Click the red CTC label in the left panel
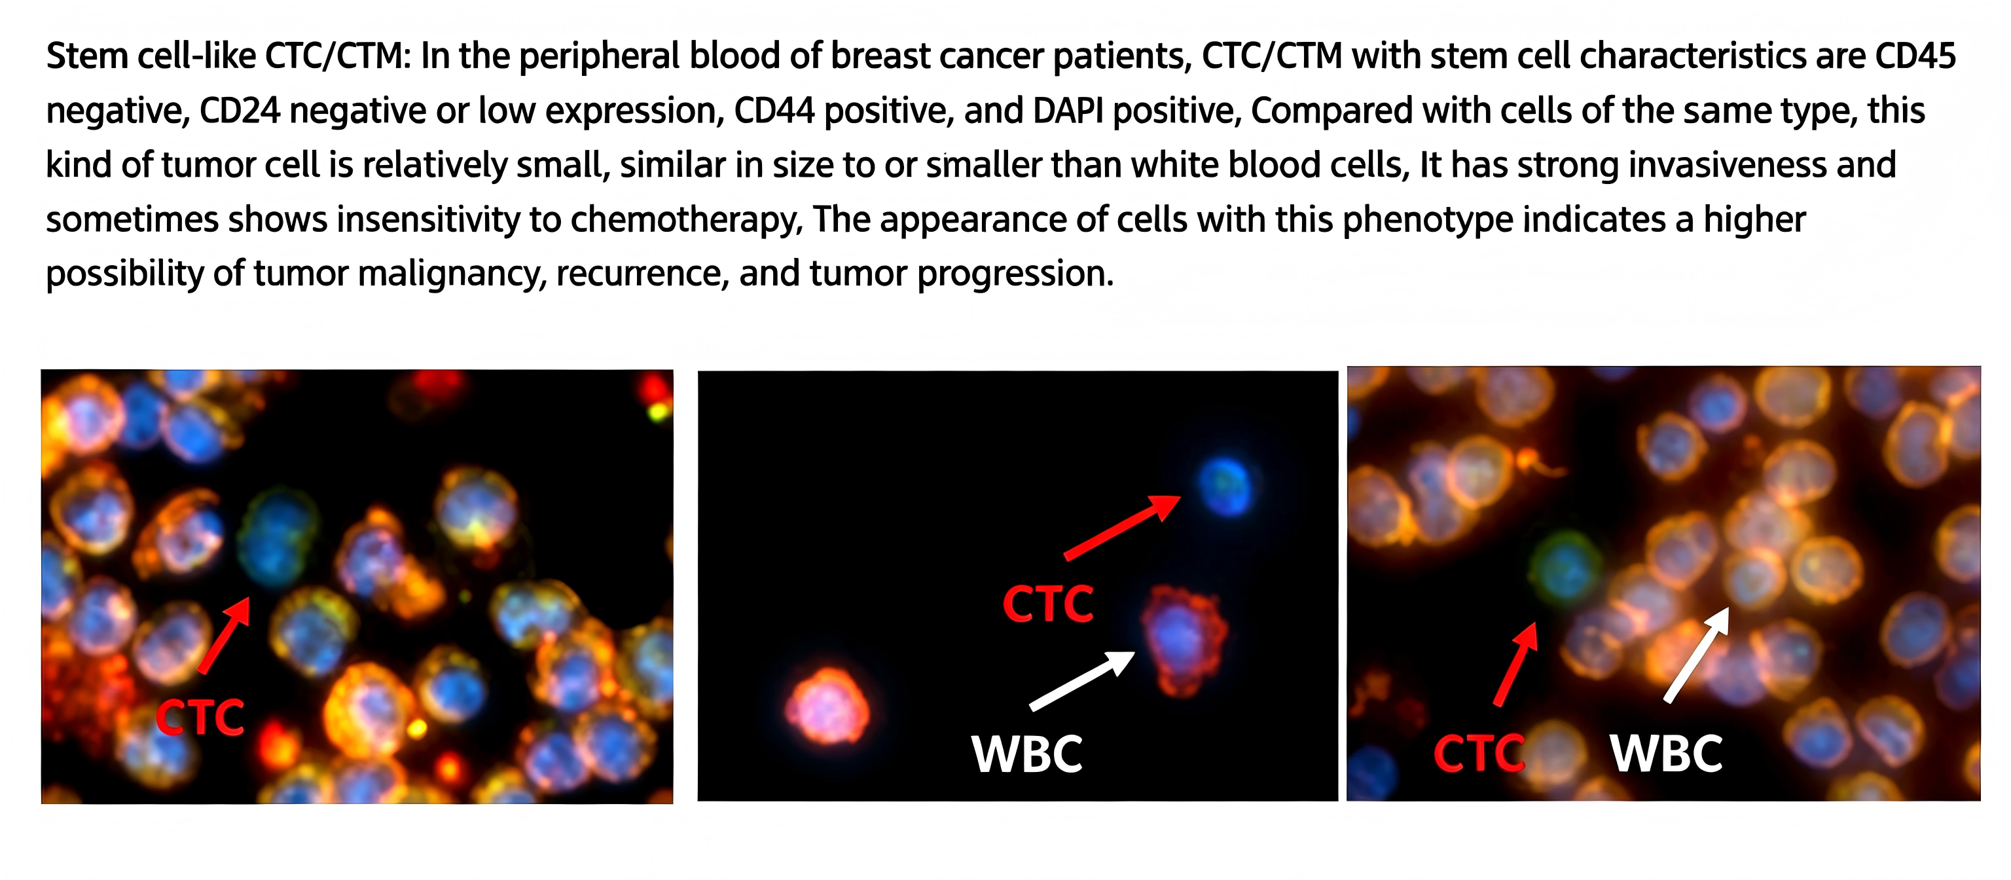click(200, 717)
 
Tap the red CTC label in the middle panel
click(1047, 604)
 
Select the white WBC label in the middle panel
click(1026, 754)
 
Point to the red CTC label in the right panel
click(1479, 754)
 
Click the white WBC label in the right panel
click(1666, 754)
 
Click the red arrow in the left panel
click(224, 635)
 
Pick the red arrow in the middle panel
click(1122, 527)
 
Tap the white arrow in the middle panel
click(1082, 680)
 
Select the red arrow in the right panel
click(1515, 664)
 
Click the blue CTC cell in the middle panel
click(1224, 486)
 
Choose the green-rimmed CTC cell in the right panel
click(1564, 569)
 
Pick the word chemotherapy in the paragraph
click(686, 220)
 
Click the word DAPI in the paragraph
click(1067, 111)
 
